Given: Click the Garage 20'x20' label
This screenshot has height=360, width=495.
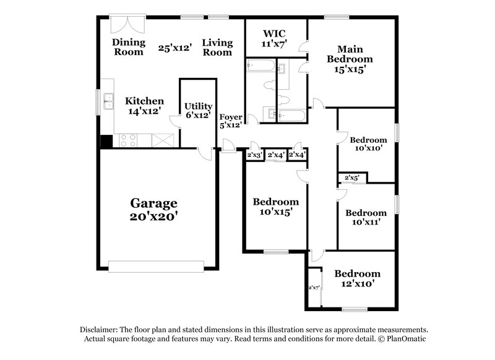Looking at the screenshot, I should pos(153,210).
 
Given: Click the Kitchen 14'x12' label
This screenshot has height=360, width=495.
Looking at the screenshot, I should pos(144,106).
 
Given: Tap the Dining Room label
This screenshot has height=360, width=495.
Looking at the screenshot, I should pos(129,47).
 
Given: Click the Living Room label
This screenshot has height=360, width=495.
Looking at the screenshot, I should pos(218,47).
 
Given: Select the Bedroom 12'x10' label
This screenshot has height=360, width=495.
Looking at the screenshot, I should pos(357,278).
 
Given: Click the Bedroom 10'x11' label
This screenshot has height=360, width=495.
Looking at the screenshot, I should pos(366,217).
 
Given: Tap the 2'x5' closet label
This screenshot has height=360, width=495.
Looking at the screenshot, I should pos(352,178).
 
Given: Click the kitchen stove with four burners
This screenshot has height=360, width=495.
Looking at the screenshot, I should pos(128,140).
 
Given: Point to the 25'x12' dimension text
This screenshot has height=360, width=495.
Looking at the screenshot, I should pos(175,47).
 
